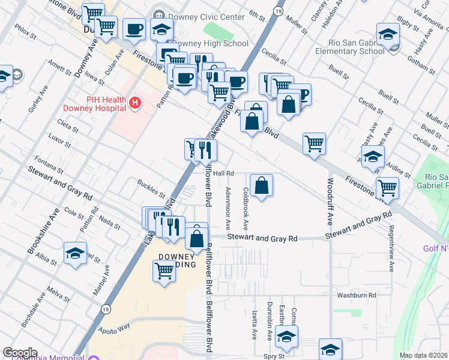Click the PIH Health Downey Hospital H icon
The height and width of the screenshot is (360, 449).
(135, 103)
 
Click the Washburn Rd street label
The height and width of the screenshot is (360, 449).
(356, 295)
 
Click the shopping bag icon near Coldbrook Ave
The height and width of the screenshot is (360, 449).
(262, 185)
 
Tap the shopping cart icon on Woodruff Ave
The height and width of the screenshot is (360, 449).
(314, 144)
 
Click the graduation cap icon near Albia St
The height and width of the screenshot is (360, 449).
(76, 253)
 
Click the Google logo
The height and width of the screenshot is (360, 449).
(20, 353)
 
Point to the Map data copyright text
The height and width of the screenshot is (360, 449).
(423, 355)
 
